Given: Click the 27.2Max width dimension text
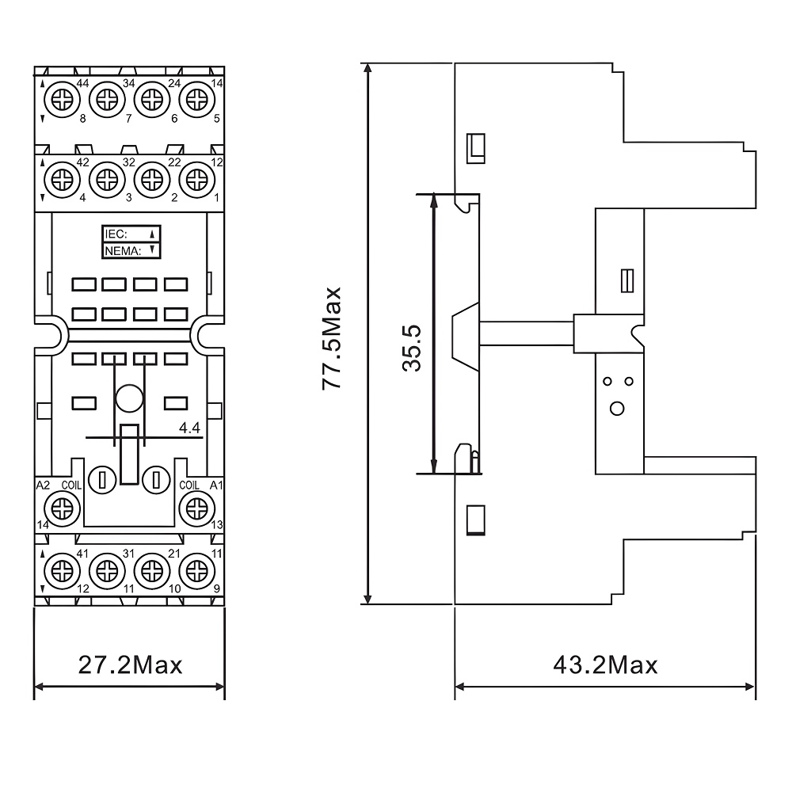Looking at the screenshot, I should coord(130,664).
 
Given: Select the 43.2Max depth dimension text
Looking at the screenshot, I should coord(605,664).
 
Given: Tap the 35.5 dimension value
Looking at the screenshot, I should coord(412,347).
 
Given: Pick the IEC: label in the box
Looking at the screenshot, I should coord(116,234).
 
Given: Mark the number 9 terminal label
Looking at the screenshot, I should coord(218,588).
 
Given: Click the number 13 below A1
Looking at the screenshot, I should coord(216,525).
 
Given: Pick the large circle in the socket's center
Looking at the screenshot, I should coord(129,398).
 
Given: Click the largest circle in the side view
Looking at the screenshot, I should coord(618,409).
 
